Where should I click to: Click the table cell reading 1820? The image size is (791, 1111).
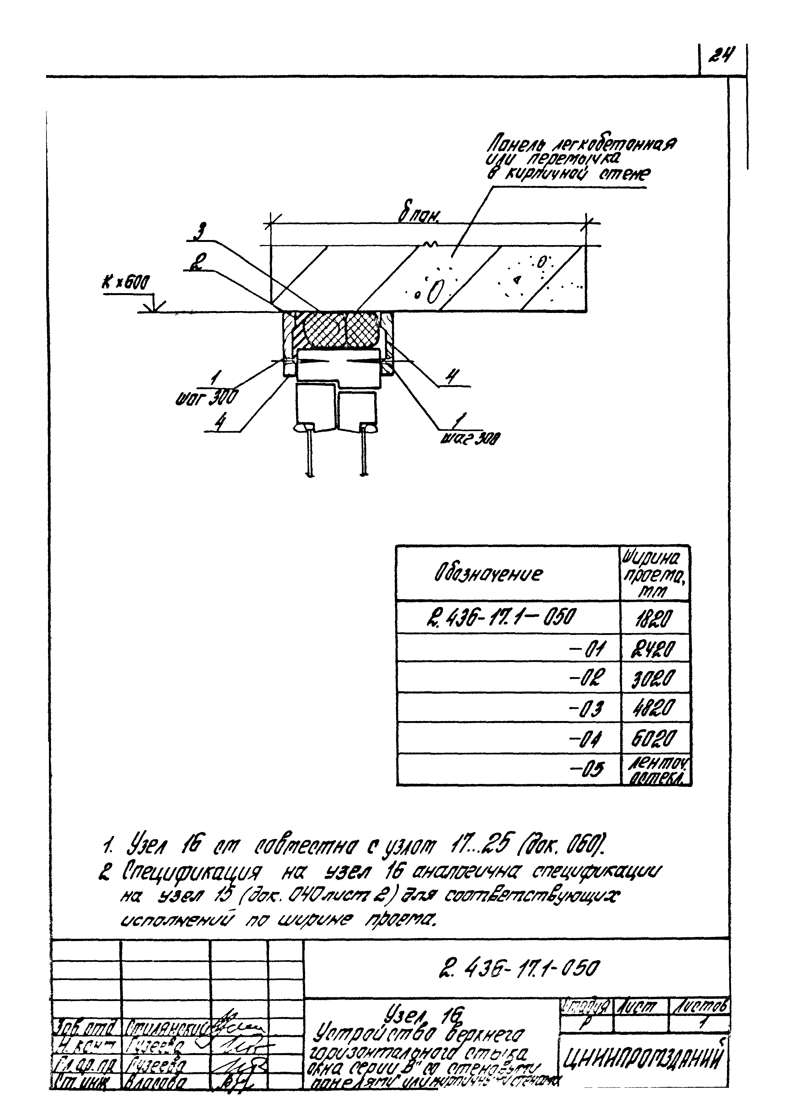pyautogui.click(x=655, y=619)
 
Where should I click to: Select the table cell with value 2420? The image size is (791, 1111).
pyautogui.click(x=655, y=649)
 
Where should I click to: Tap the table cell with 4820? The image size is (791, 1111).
pyautogui.click(x=655, y=707)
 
